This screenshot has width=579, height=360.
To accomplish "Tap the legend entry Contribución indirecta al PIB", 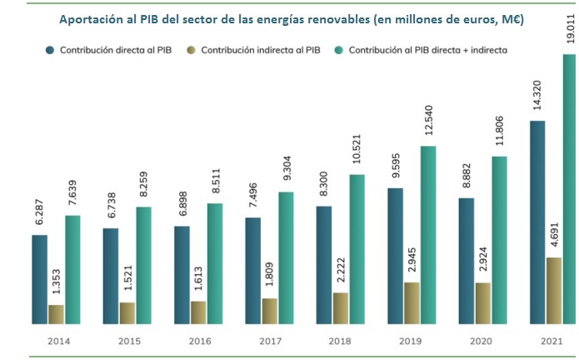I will pos(263,50).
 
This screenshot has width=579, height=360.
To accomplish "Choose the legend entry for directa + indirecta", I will pos(428,50).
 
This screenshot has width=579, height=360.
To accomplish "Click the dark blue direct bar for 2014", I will pos(40,279).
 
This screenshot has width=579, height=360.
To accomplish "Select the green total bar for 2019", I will pos(428,234).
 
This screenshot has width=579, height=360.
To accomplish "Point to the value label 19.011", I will pos(570,28).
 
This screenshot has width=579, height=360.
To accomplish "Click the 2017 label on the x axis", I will pos(269,341).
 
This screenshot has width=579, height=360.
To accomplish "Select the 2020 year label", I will pos(482,341).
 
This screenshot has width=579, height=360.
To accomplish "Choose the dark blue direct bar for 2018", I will pos(324,264).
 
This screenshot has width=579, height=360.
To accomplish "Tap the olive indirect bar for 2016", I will pos(198,312).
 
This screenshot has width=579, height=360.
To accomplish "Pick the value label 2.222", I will pos(341,269).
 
